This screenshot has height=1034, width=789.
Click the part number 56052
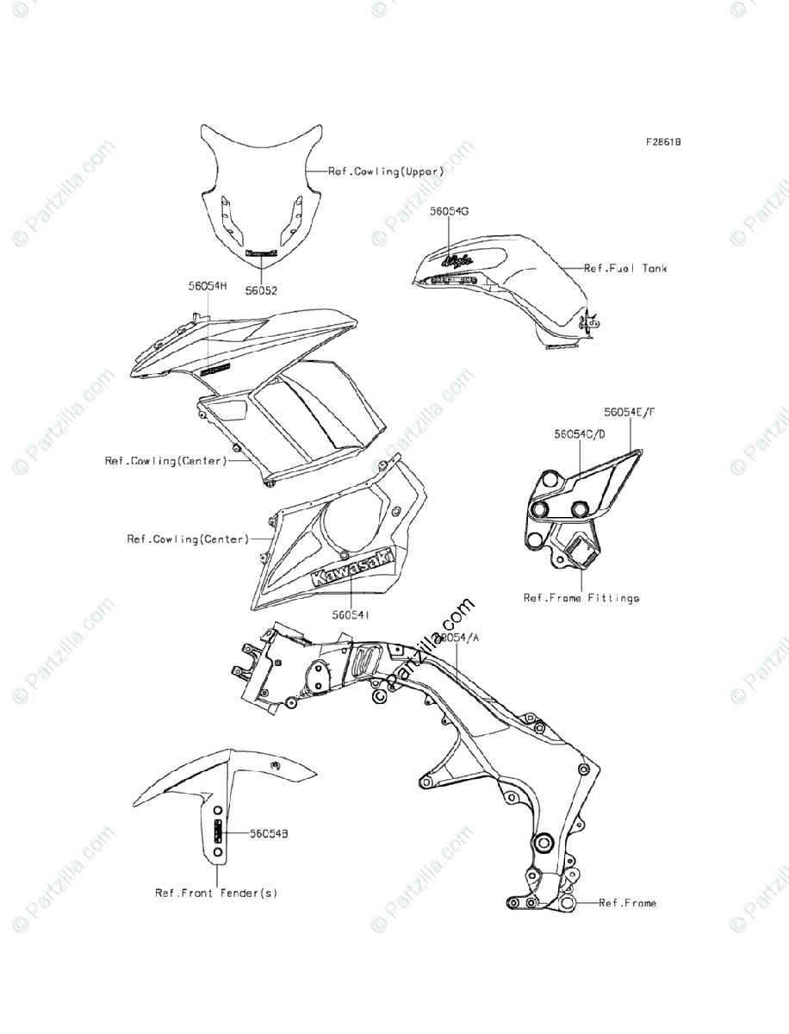pos(261,292)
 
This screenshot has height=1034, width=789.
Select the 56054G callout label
pos(450,211)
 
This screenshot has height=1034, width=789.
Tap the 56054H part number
pos(208,285)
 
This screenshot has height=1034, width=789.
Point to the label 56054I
pos(351,615)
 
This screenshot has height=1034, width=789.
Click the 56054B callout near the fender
pos(269,834)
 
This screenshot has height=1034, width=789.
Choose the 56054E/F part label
pos(629,413)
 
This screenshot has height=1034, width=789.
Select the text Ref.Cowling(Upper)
pos(386,171)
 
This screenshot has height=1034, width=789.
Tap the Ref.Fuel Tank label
pos(625,269)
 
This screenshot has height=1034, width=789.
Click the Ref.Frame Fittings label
pos(581,597)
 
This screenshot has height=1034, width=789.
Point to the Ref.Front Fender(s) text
pos(216,894)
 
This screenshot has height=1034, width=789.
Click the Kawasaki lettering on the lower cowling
pos(351,570)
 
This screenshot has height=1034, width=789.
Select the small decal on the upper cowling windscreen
pos(261,254)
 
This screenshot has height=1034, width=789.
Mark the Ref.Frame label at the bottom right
pos(627,903)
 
